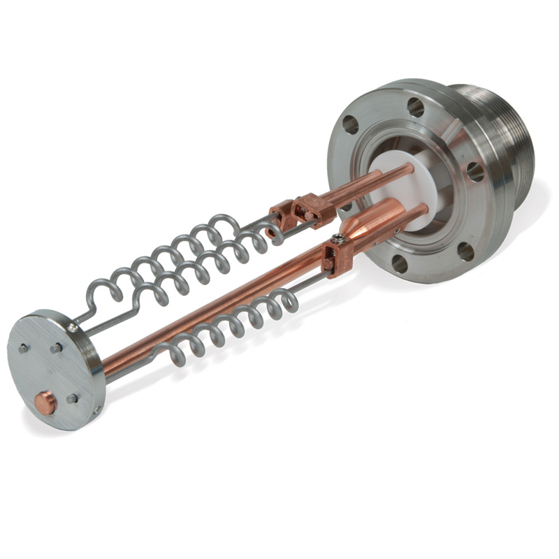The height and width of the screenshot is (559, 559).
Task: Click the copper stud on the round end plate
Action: click(x=46, y=402)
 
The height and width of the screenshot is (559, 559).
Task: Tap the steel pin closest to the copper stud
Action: click(x=72, y=398)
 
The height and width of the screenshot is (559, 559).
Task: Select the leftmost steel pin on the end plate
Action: click(x=24, y=348)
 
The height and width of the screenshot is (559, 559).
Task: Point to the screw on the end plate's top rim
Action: click(x=73, y=326)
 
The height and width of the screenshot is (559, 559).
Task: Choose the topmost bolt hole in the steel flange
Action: click(x=416, y=107)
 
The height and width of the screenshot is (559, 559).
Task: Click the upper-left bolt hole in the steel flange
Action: click(x=350, y=125)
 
